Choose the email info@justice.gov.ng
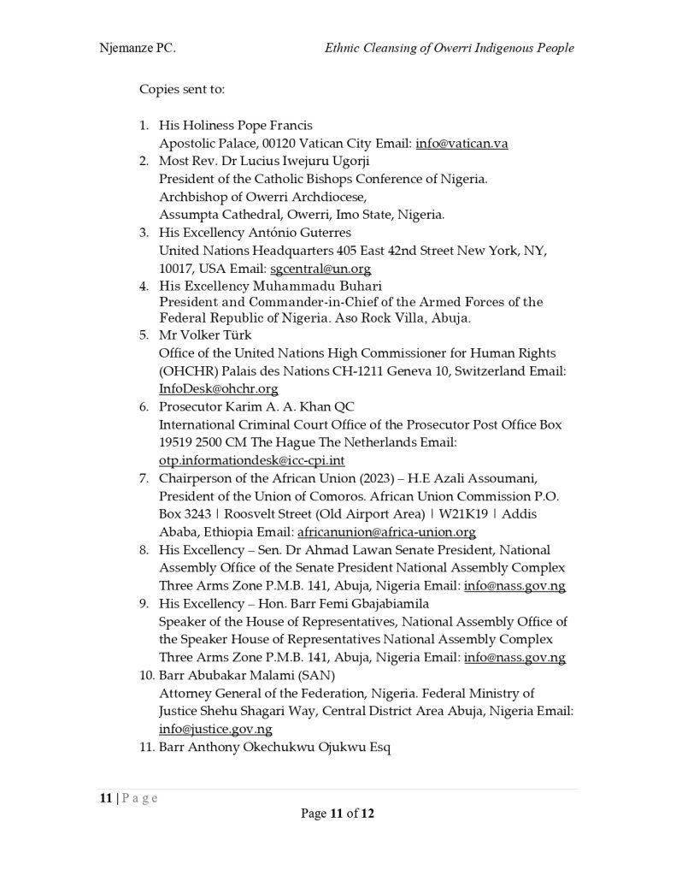(215, 729)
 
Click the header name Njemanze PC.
(137, 48)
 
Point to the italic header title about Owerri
(449, 48)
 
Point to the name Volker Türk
(205, 334)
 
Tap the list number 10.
(146, 676)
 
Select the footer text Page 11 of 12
(338, 814)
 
